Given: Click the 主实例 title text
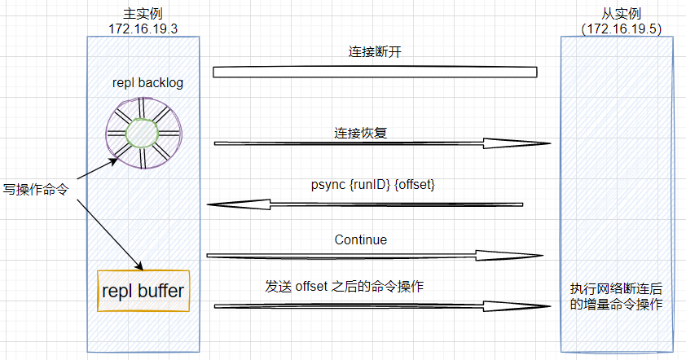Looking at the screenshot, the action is coord(143,14).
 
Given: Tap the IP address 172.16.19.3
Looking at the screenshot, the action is coord(143,29).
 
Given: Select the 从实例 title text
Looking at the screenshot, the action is coord(622,14).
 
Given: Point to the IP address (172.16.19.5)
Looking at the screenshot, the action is coord(622,29).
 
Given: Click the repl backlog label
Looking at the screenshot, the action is coord(148,83).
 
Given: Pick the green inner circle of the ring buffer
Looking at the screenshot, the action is coord(142,133).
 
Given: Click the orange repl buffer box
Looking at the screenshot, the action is coord(143,291).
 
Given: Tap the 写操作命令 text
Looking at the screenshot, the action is coord(36,190).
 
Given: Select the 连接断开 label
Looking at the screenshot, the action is coord(375,52).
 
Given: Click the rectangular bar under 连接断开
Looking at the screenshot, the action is coord(375,72).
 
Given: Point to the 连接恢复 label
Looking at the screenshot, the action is coord(360,133).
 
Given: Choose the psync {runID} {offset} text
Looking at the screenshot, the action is coord(373,185).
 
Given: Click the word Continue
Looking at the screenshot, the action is coord(361,239).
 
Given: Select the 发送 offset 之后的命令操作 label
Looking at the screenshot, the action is coord(345,287).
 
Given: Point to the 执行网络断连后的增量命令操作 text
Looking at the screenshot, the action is coord(616,296).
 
